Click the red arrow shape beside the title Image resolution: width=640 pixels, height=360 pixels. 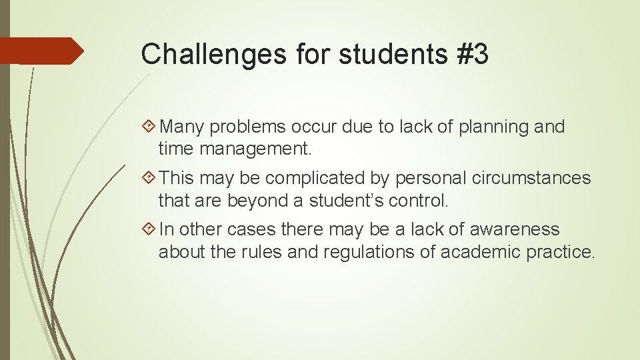click(42, 51)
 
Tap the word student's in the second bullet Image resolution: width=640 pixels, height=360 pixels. click(352, 200)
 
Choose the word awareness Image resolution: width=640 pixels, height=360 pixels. click(515, 229)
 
